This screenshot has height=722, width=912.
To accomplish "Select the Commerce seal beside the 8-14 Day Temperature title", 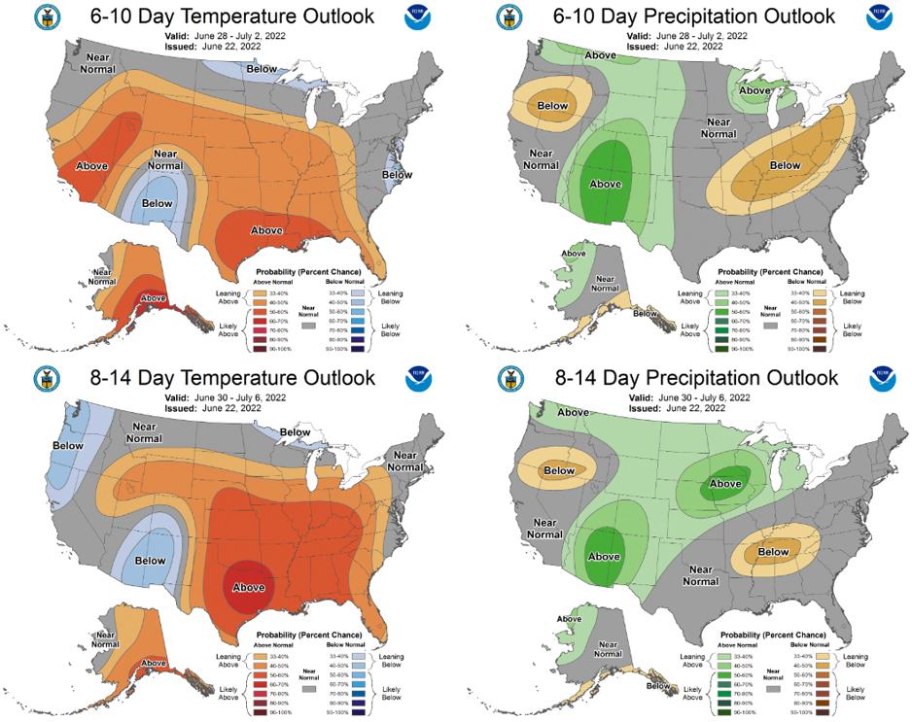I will (45, 379).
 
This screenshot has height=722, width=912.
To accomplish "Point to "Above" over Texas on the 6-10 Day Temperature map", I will (267, 230).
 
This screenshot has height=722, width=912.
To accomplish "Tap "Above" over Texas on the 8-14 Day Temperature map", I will (250, 587).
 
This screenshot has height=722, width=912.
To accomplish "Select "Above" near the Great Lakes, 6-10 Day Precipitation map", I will (754, 90).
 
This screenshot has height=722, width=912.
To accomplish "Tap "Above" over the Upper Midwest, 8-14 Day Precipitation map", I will (725, 483).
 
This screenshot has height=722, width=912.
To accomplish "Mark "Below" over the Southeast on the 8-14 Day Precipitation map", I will (773, 552).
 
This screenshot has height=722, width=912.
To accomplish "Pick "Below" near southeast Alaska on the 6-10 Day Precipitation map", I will (645, 313).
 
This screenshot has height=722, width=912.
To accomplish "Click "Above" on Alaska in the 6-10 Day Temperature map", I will (154, 298).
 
